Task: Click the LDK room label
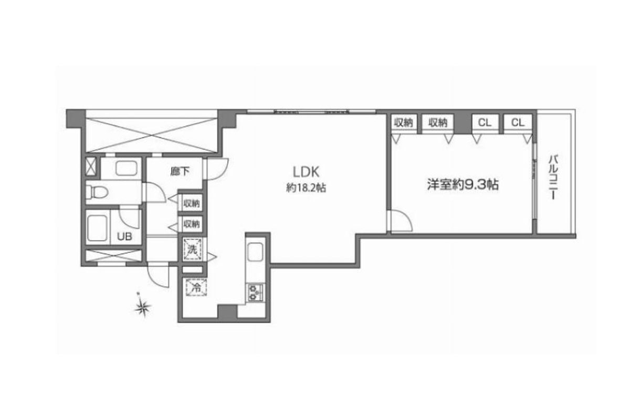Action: click(306, 172)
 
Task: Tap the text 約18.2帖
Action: click(306, 187)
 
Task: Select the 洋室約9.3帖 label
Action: click(463, 185)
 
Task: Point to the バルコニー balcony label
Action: click(553, 177)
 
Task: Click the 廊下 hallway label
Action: click(180, 171)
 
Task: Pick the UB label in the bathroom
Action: click(124, 237)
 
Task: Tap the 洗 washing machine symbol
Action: click(192, 249)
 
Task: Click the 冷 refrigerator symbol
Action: click(196, 288)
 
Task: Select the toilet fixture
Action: click(97, 193)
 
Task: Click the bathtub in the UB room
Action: click(97, 228)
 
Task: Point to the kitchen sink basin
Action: click(255, 252)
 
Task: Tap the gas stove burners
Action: click(255, 292)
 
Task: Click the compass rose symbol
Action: click(143, 307)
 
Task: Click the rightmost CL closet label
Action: click(518, 122)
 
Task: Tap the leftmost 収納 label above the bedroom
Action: click(403, 122)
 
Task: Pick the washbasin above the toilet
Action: click(127, 169)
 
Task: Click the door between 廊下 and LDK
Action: click(217, 169)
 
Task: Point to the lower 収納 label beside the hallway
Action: click(192, 224)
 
